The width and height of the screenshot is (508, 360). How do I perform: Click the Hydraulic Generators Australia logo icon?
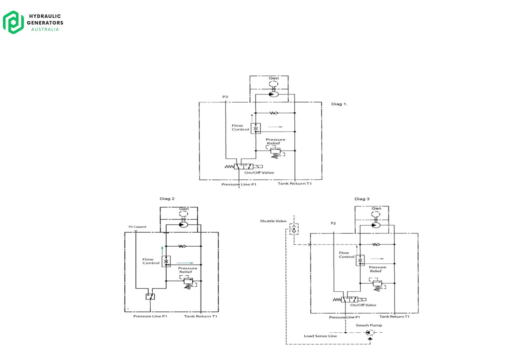13,22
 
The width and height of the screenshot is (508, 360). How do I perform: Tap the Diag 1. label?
339,104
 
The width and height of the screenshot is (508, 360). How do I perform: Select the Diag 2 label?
167,199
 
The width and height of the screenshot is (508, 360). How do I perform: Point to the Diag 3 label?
362,199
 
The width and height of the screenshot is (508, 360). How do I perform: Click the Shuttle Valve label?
273,221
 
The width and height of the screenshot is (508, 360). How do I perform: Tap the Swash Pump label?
369,325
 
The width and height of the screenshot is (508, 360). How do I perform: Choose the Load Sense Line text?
320,336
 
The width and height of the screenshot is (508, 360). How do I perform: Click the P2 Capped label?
137,227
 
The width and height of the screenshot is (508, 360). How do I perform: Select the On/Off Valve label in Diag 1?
259,173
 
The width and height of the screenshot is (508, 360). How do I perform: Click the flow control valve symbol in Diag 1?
256,129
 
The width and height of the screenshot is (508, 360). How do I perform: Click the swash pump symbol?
369,333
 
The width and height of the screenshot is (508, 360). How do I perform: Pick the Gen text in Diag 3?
376,208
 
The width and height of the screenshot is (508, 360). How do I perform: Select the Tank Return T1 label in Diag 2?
200,316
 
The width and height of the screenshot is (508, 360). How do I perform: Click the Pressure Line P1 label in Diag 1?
239,184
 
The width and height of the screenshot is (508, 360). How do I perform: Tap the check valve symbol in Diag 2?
182,246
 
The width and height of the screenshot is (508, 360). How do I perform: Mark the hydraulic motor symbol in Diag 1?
273,94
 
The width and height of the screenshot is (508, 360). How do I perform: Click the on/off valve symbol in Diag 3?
349,300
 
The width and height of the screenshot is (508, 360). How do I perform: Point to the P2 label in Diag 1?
225,97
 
